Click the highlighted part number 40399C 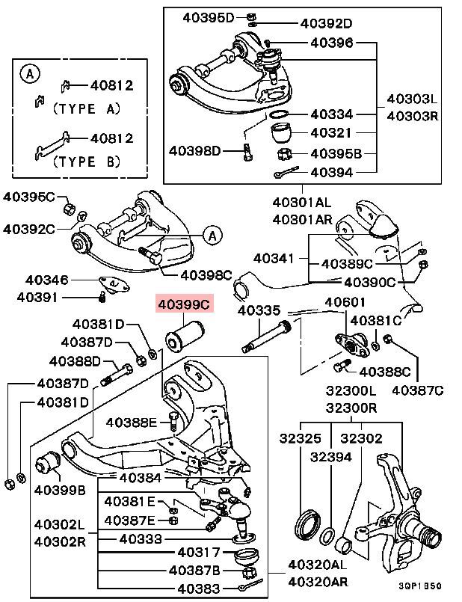tap(184, 304)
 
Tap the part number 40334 tap(332, 115)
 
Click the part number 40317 tap(199, 553)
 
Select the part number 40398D tap(195, 151)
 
